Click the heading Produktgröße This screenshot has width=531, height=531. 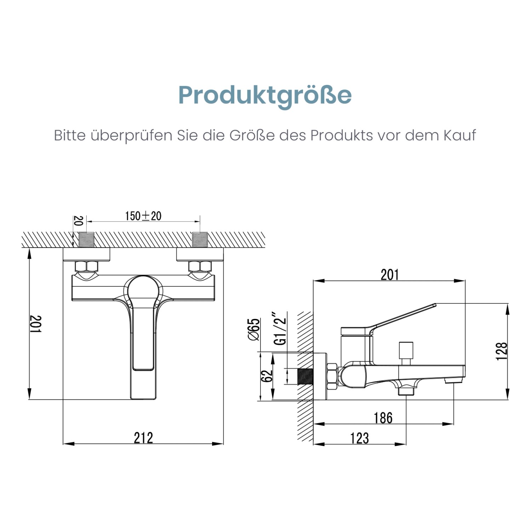[265, 95]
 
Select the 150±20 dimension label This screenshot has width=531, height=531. [143, 216]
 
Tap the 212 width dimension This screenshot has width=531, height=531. [143, 438]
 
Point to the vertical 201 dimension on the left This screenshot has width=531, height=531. [36, 324]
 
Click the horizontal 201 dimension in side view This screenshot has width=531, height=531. [389, 275]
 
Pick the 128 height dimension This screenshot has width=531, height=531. [502, 351]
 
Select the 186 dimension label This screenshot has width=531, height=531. [383, 418]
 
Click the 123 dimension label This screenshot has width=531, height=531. [359, 438]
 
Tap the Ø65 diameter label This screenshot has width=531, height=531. [254, 329]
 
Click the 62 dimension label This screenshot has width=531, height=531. [267, 376]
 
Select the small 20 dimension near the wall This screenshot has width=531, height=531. [79, 221]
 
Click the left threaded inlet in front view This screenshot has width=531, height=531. [87, 240]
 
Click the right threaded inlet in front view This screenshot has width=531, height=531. [200, 240]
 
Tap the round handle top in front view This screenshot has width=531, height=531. [143, 289]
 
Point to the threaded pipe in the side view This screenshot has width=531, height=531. [305, 377]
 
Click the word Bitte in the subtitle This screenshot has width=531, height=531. [69, 135]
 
